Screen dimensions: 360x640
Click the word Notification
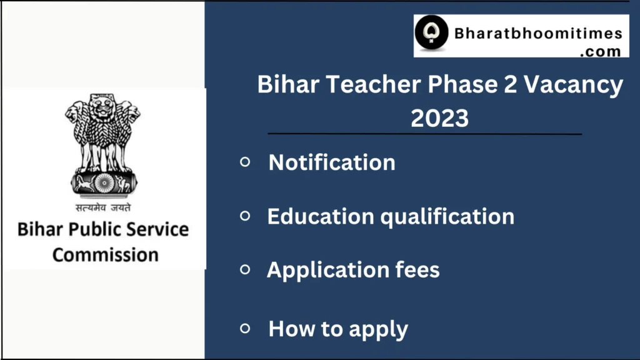click(332, 162)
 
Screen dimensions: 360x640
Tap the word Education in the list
click(321, 216)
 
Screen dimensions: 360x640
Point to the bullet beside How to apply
click(245, 327)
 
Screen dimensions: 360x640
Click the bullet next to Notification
click(245, 162)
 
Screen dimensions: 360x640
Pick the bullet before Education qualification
click(245, 216)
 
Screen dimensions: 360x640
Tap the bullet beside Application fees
click(245, 269)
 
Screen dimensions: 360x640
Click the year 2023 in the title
click(439, 117)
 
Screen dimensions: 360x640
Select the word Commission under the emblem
click(105, 254)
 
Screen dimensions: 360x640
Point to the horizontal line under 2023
click(424, 134)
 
